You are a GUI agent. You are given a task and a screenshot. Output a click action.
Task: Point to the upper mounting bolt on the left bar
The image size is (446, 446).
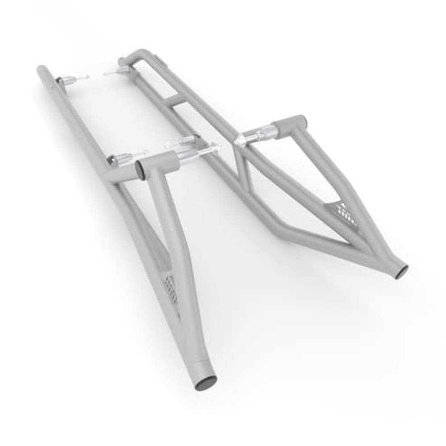pyautogui.click(x=71, y=80)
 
